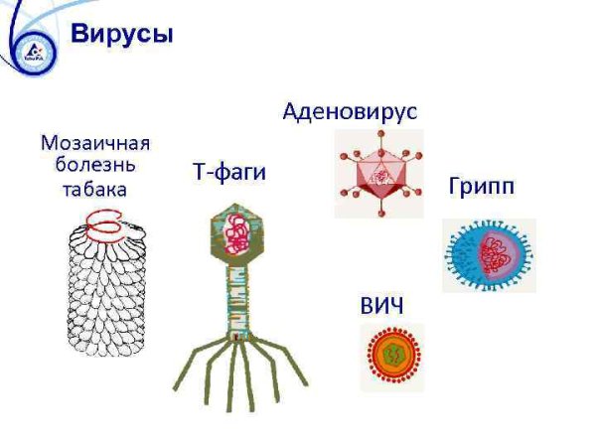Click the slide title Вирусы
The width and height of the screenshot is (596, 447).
click(122, 35)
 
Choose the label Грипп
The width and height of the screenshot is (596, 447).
click(481, 187)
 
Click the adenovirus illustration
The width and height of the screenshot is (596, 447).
click(378, 174)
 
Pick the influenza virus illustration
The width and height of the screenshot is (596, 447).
click(490, 255)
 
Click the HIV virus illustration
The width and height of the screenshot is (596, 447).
click(390, 357)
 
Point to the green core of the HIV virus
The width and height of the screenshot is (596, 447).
click(390, 357)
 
